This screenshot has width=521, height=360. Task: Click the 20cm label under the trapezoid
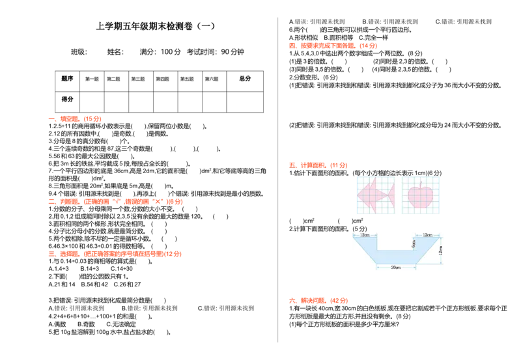395,267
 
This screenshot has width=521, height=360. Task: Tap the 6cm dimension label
414,243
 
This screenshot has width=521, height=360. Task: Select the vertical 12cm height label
441,249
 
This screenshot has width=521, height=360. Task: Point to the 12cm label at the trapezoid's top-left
365,235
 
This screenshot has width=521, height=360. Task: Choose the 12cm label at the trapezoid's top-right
427,235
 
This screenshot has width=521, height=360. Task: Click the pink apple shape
421,197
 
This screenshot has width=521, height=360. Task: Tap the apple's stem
421,184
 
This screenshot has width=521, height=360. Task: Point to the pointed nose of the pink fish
358,194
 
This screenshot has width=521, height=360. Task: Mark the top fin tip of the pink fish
377,180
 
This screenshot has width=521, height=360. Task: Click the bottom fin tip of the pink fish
377,208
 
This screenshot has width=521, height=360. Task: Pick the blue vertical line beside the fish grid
356,195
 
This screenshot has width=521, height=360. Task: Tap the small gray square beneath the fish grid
362,217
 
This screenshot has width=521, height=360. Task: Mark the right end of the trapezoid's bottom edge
415,264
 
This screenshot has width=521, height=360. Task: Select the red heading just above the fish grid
318,166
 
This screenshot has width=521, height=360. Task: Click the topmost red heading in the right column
333,46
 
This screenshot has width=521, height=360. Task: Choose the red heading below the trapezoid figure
318,301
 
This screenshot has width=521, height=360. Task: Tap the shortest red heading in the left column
76,119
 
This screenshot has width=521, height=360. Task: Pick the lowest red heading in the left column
115,255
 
